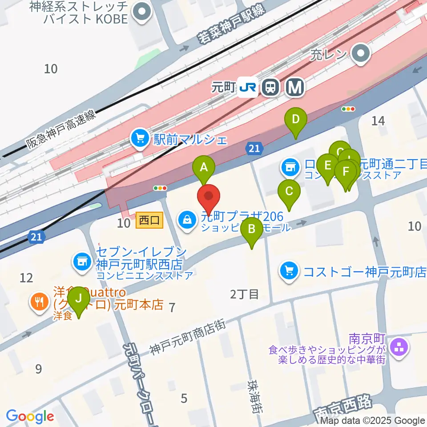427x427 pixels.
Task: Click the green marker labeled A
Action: pyautogui.click(x=204, y=168)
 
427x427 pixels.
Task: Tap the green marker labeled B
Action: pyautogui.click(x=251, y=230)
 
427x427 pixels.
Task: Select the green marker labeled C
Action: pyautogui.click(x=289, y=192)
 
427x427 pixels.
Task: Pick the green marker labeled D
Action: pyautogui.click(x=296, y=120)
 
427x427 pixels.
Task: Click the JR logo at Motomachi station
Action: pyautogui.click(x=248, y=87)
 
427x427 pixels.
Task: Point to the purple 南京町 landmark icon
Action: pyautogui.click(x=399, y=347)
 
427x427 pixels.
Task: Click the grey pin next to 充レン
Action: pyautogui.click(x=361, y=55)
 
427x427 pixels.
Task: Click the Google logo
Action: pyautogui.click(x=30, y=416)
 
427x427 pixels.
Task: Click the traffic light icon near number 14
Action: pyautogui.click(x=348, y=109)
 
